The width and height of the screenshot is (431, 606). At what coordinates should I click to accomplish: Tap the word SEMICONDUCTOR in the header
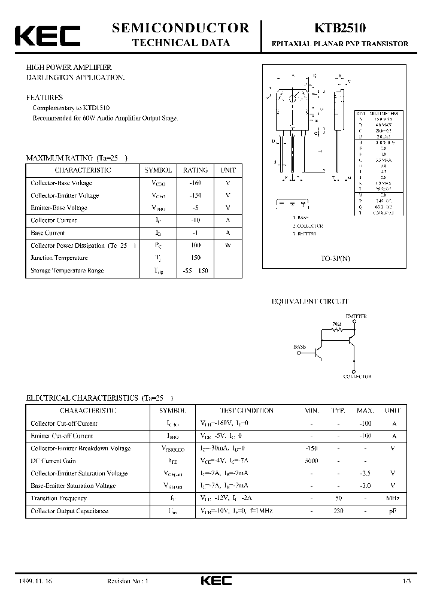[x=180, y=28]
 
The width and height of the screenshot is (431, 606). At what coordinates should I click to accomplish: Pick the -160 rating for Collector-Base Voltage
[x=195, y=183]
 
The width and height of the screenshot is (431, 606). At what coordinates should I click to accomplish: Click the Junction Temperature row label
[x=59, y=258]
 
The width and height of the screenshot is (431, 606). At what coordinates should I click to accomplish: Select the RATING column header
[x=195, y=170]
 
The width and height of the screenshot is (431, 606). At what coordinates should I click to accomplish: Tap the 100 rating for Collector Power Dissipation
[x=195, y=246]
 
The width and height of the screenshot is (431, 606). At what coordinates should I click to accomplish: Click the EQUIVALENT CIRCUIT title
[x=310, y=302]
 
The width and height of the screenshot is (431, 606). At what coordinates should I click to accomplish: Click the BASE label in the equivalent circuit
[x=299, y=347]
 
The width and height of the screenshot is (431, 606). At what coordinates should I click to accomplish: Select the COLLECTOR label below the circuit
[x=357, y=377]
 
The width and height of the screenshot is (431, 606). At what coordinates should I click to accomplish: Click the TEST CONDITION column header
[x=247, y=411]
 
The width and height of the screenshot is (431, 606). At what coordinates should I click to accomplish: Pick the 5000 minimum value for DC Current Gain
[x=311, y=461]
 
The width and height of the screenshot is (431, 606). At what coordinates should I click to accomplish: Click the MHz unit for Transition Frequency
[x=393, y=498]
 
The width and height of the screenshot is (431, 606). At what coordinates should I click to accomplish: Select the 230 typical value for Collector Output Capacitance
[x=338, y=511]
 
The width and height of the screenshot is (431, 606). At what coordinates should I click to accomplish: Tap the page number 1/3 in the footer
[x=407, y=581]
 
